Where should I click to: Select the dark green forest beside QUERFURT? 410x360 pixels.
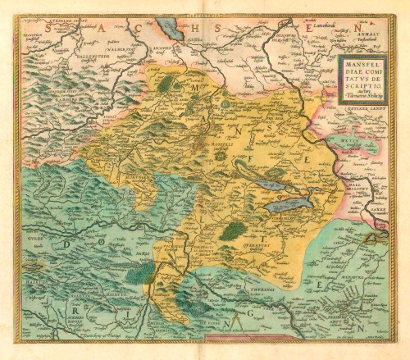tap(233, 232)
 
